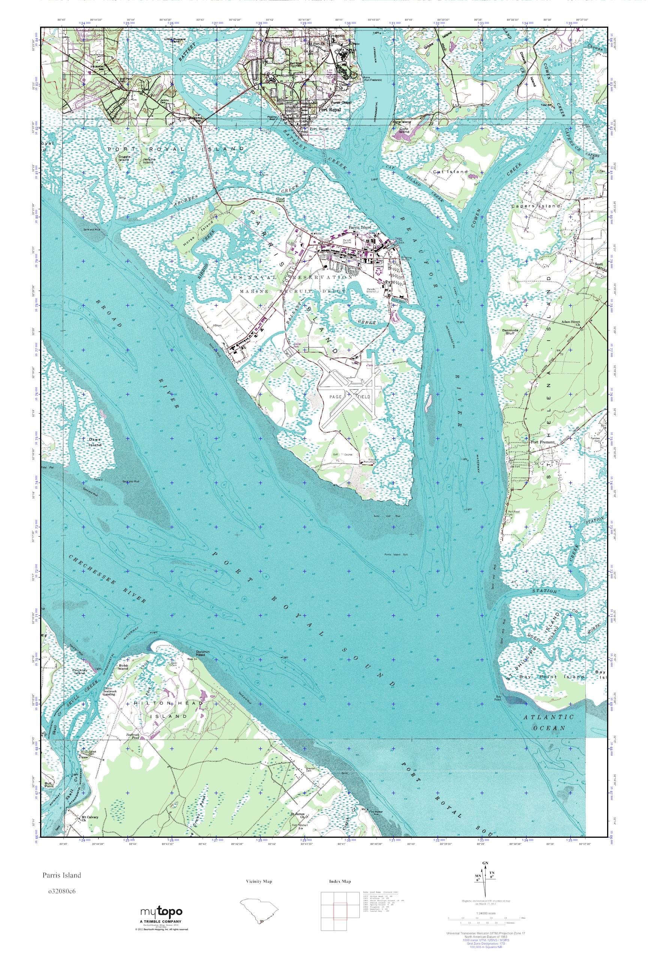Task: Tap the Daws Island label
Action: [94, 442]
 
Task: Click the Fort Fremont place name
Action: [543, 442]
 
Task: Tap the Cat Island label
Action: [450, 171]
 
